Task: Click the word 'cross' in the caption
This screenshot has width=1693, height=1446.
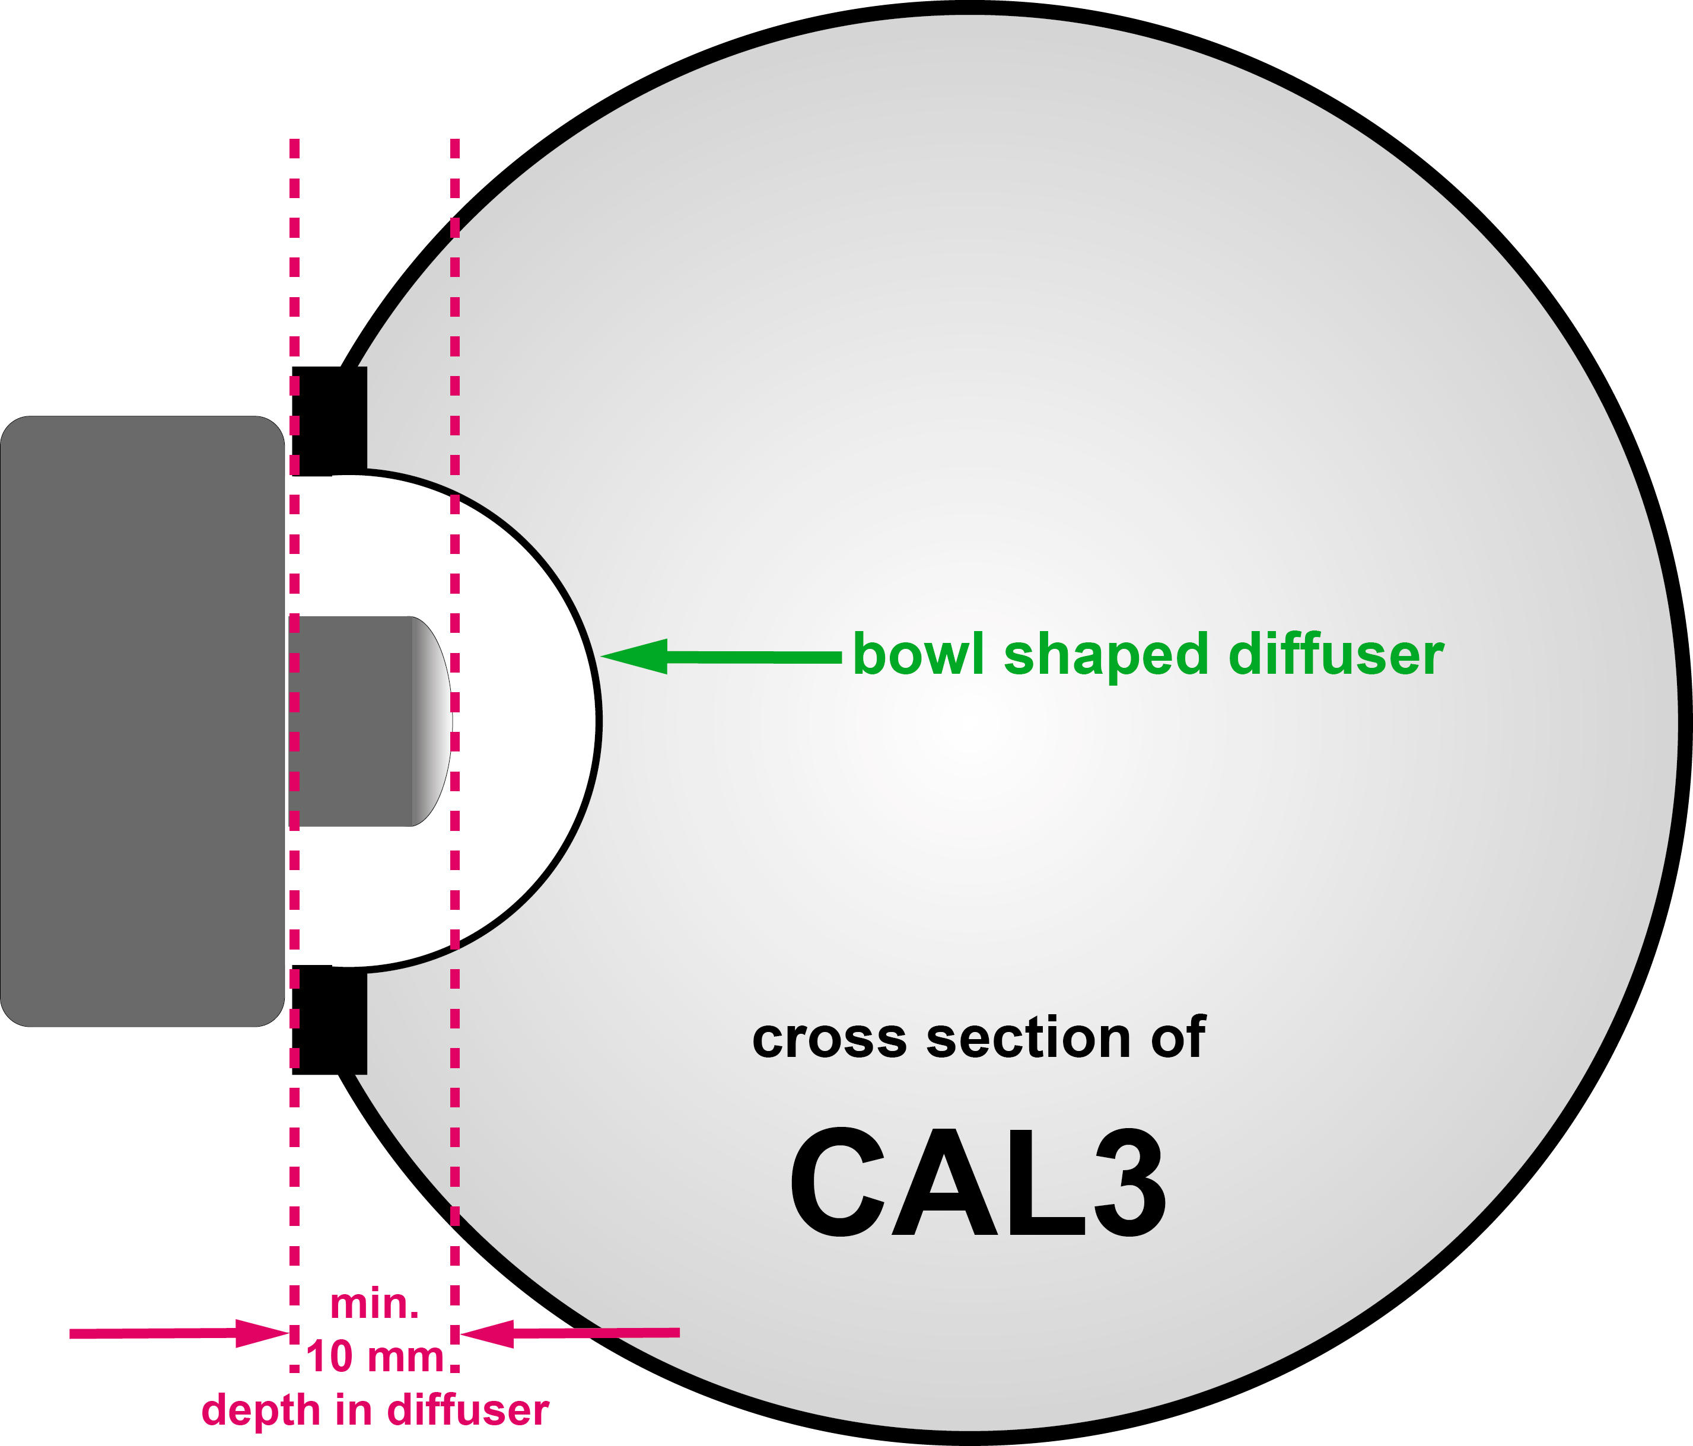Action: point(829,1040)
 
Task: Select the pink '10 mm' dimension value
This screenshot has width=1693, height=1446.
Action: point(375,1357)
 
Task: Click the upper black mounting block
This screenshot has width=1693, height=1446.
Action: point(329,421)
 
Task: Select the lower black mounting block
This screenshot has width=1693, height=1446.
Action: point(329,1020)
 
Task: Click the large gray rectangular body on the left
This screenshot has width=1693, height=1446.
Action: point(143,721)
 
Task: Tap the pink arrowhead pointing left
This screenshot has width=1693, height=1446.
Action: point(487,1333)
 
